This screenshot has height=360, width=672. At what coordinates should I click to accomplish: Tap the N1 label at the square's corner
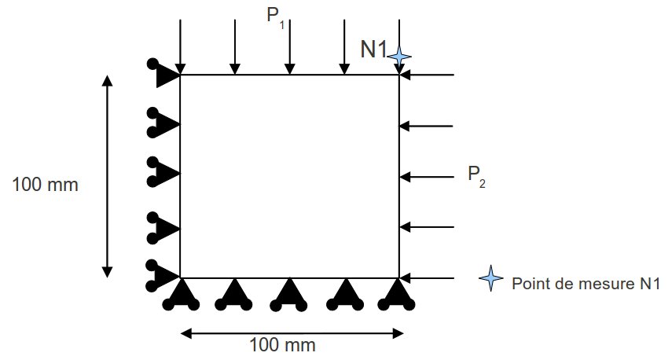pos(374,50)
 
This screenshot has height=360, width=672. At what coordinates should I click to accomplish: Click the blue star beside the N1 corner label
pos(400,56)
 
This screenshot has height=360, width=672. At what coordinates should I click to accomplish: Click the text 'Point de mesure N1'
pos(584,283)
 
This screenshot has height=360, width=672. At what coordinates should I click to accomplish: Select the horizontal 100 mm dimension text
pos(282,344)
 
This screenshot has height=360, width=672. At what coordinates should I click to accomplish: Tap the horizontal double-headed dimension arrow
pos(292,333)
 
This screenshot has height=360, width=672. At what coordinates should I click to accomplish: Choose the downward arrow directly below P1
pos(290,47)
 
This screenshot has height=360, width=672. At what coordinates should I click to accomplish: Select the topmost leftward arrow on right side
pos(427,75)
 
